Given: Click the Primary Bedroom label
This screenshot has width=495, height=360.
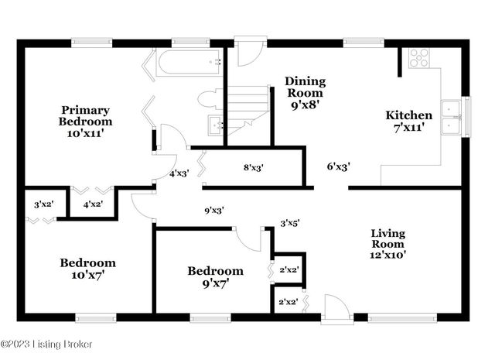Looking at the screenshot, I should pos(85,122).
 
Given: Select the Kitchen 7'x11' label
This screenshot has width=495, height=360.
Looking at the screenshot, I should pos(409,122).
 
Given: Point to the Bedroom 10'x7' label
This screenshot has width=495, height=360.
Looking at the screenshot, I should pos(87,269).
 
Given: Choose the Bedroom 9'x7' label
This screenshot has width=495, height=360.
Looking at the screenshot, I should pos(215,277).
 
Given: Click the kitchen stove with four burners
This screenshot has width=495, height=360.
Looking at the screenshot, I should pos(418,57).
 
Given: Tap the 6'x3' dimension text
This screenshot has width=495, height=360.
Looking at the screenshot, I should pos(339,166).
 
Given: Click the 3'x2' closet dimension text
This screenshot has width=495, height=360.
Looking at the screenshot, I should pos(43,204).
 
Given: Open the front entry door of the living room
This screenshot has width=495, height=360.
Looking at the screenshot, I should pos(336,307).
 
